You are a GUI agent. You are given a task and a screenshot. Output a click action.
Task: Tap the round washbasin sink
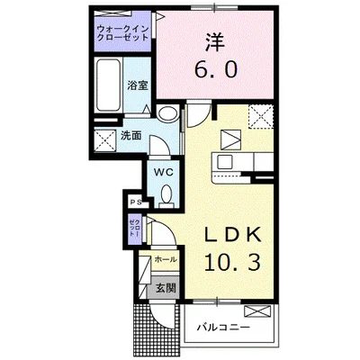(167, 114)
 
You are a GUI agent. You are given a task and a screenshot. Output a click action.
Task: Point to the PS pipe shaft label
(132, 203)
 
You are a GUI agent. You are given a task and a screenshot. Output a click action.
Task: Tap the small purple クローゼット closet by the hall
(133, 229)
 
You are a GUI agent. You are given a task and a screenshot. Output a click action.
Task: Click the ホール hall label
(165, 259)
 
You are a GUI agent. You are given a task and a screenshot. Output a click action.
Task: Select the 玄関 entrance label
(165, 288)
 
